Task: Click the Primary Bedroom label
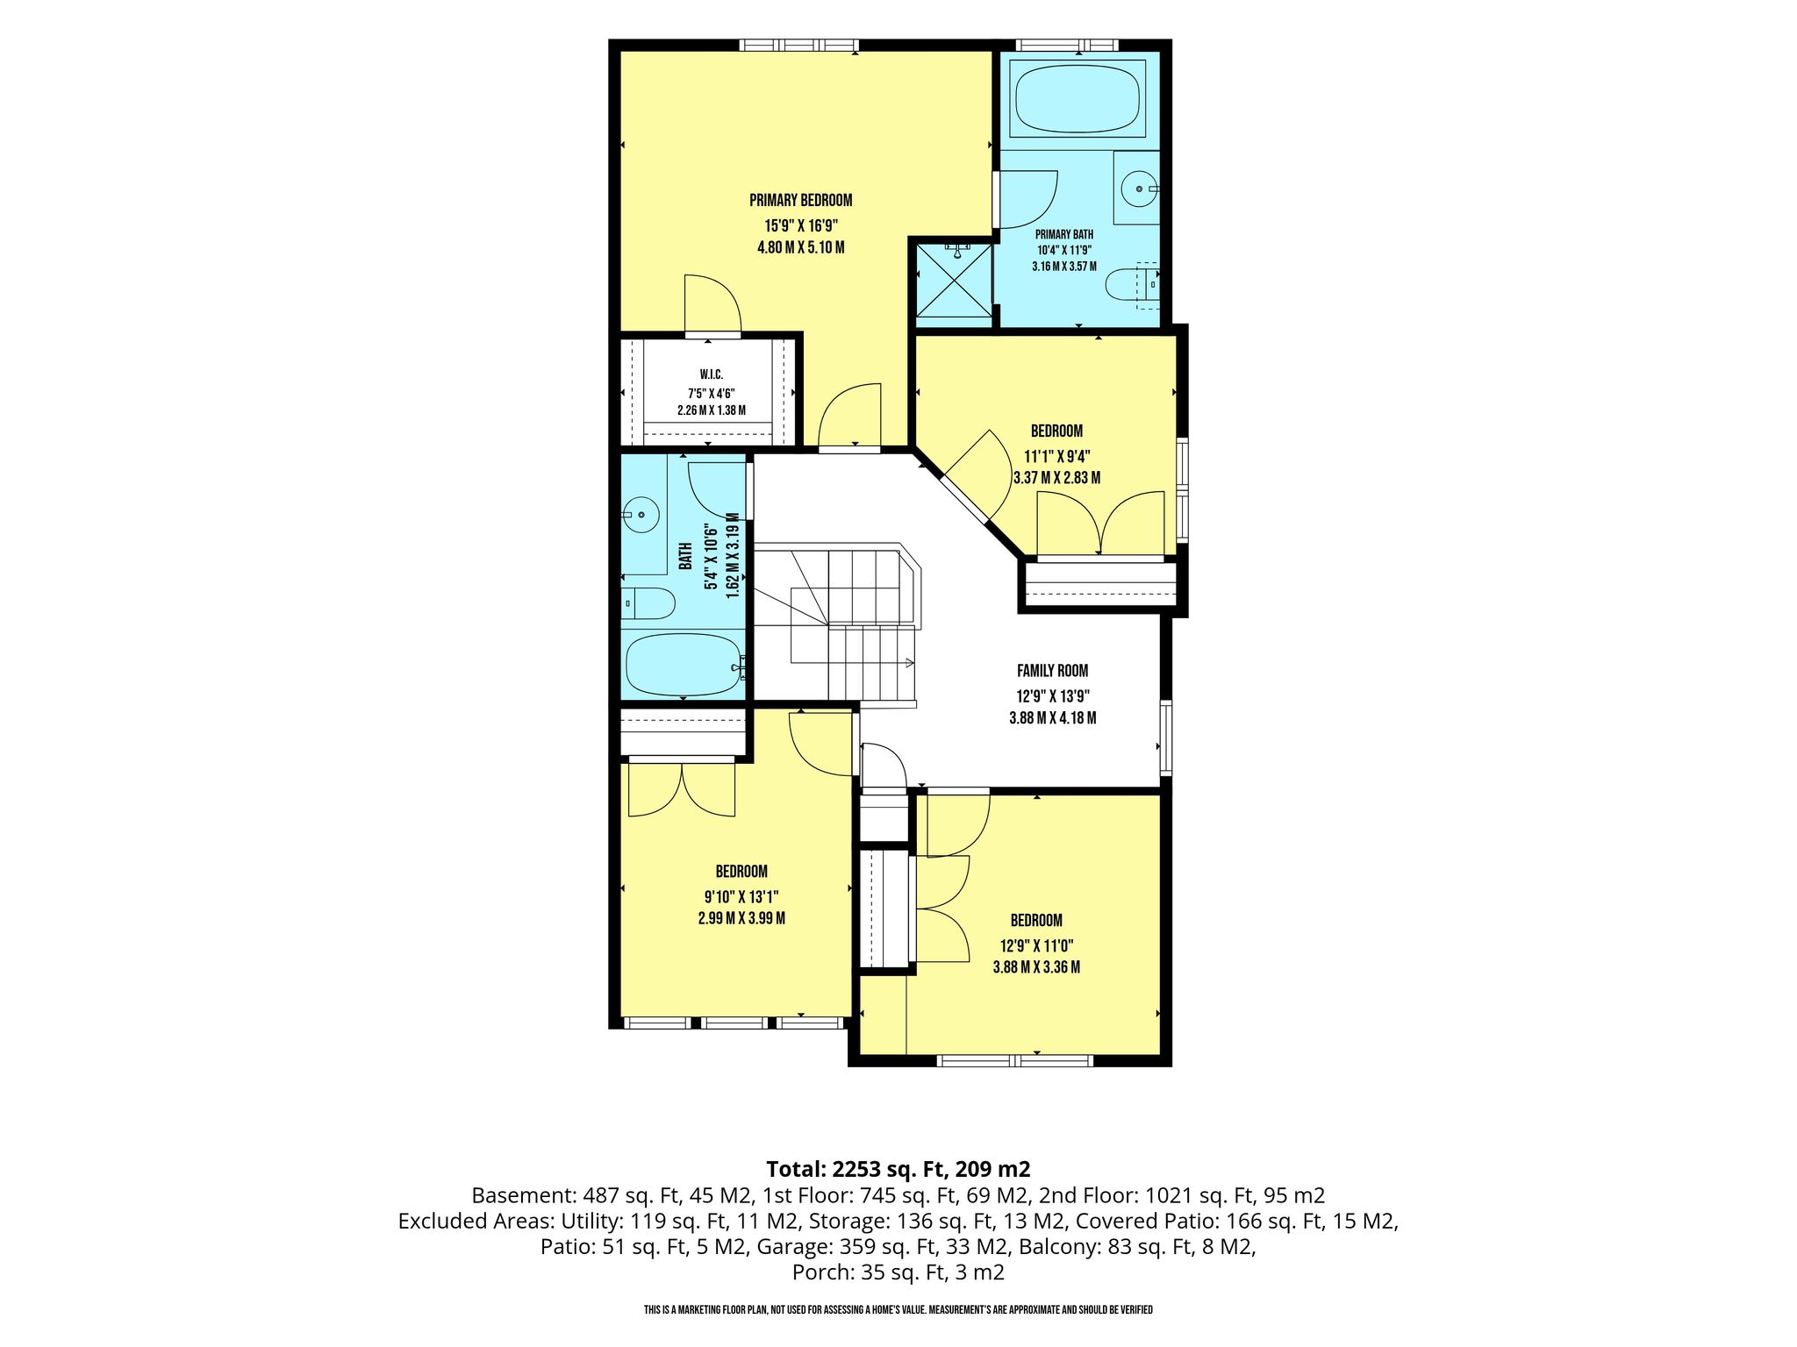point(800,200)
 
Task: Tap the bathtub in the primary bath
point(1077,98)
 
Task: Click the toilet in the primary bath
point(1133,285)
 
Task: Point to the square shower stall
point(954,281)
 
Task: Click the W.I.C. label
point(711,374)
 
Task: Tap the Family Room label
point(1052,671)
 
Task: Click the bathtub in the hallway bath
point(684,663)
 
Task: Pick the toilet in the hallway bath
point(648,602)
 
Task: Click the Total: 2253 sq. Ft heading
point(859,1169)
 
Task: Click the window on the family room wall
point(1165,737)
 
